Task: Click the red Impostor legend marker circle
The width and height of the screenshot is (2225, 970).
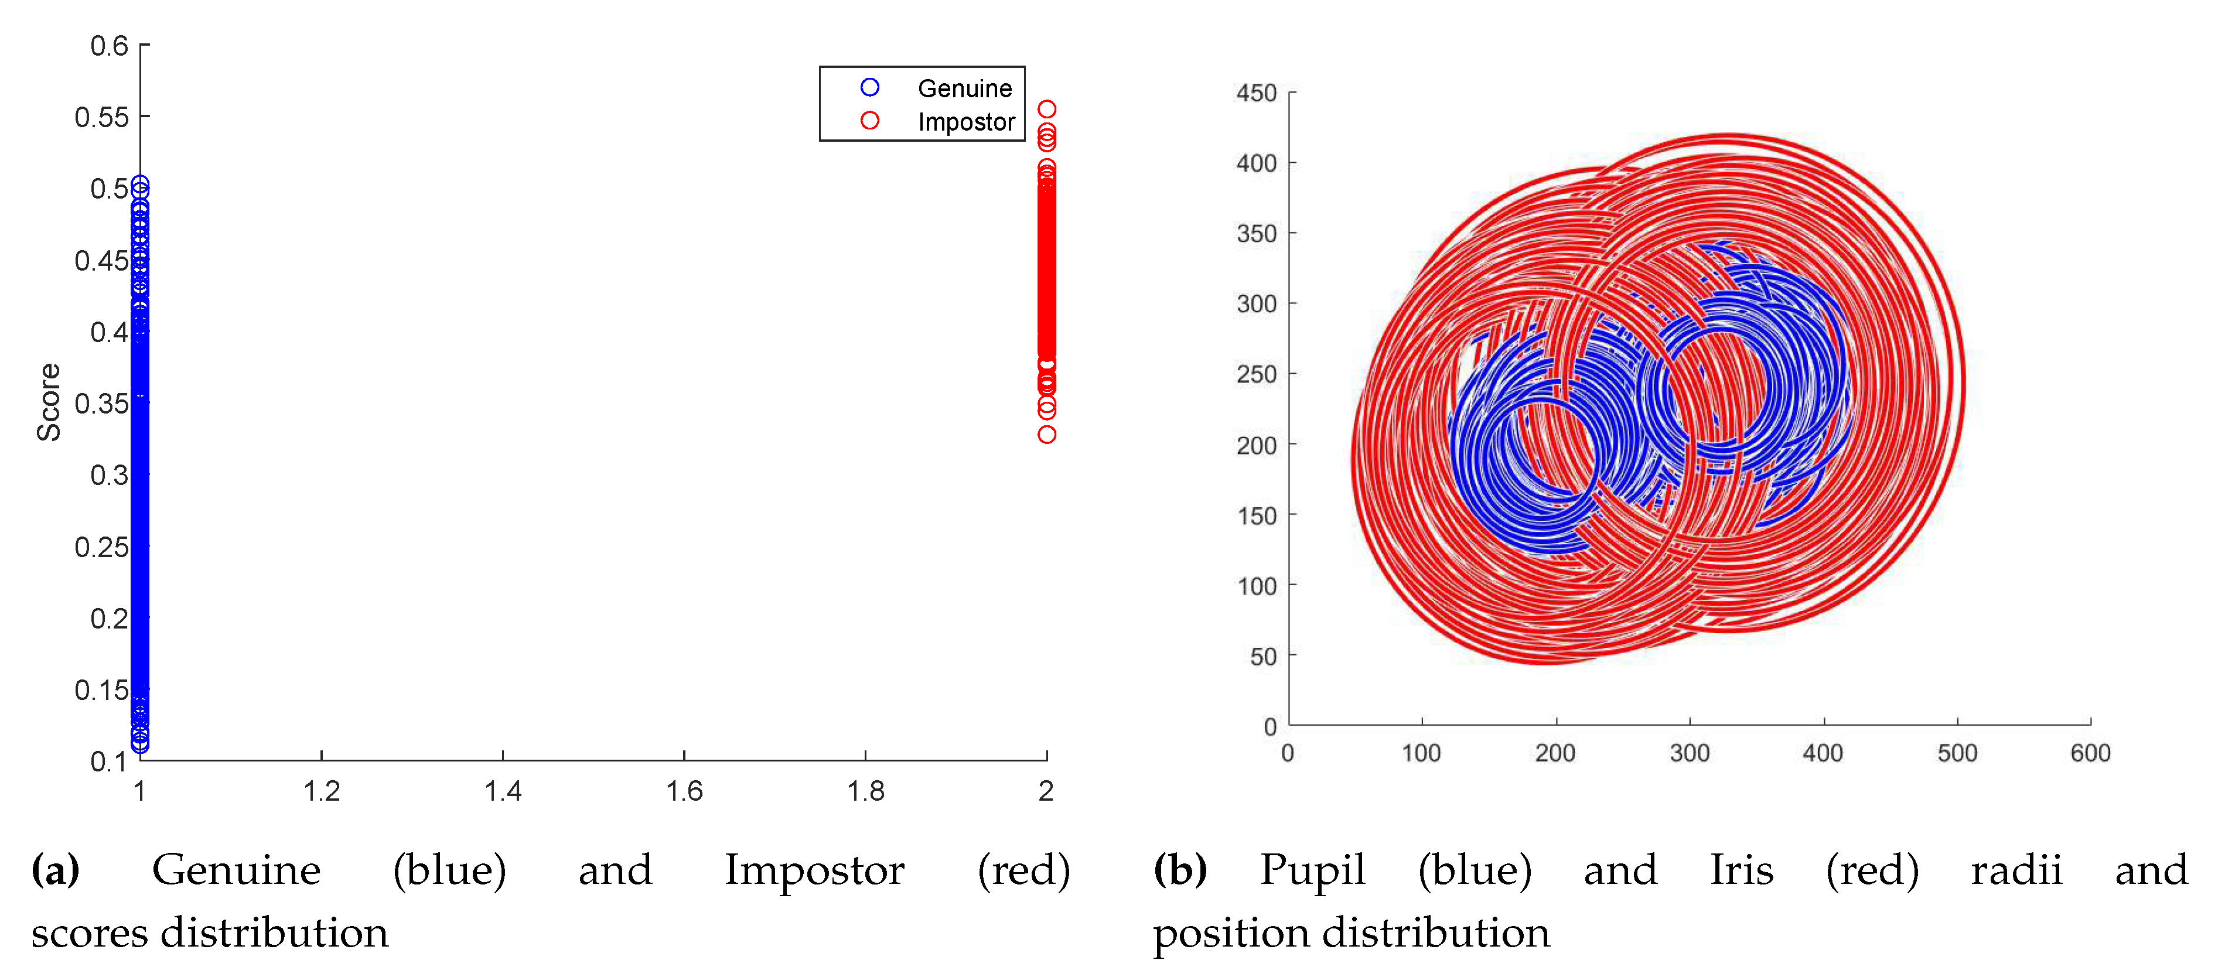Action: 870,121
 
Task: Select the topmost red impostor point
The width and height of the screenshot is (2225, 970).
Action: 1047,109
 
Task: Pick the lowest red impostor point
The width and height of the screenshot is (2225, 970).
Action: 1047,435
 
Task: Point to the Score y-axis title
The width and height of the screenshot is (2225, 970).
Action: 49,402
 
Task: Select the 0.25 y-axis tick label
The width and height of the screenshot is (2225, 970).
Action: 101,547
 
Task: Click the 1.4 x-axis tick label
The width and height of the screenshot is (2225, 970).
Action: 503,791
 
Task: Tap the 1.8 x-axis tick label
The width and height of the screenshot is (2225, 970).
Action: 865,791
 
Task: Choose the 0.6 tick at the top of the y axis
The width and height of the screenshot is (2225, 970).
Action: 109,45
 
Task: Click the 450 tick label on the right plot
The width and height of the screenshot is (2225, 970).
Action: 1256,93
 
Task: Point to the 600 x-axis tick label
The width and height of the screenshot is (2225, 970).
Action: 2090,753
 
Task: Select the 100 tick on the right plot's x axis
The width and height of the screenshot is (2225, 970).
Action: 1421,753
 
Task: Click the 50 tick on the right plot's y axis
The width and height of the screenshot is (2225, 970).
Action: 1263,657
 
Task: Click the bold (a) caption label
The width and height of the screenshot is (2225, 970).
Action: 55,870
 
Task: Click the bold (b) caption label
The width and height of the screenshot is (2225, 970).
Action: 1180,870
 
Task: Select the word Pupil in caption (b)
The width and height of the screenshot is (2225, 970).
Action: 1312,870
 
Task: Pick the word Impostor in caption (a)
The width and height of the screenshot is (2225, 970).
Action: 814,870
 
